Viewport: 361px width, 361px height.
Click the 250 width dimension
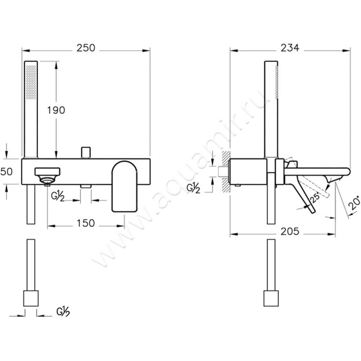86,48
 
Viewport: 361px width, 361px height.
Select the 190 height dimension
56,110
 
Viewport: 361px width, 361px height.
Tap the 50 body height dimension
7,171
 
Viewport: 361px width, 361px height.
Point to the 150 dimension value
86,223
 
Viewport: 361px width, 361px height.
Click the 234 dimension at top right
290,48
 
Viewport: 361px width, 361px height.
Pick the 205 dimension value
290,231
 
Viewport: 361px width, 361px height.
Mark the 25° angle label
315,198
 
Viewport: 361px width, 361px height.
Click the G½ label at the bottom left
63,312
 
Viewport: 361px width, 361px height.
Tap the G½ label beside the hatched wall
193,188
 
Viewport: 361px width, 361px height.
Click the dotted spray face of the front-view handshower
31,82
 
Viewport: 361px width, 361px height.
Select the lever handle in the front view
125,186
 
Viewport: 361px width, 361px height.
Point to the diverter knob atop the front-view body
86,153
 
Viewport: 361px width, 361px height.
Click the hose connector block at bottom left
31,298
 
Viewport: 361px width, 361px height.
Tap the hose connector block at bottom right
271,298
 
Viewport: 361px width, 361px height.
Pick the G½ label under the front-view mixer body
58,197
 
